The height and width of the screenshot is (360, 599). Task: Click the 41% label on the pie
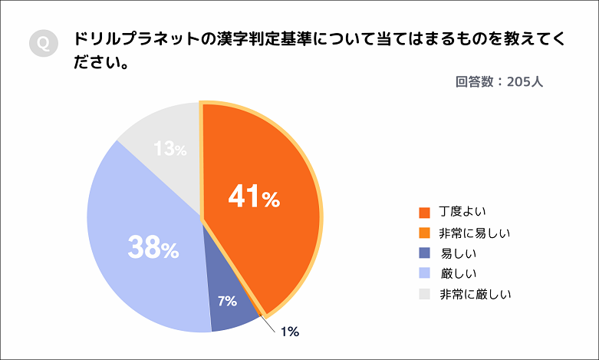pos(254,198)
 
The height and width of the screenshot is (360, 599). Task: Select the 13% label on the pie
pos(169,149)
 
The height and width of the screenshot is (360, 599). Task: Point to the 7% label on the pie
pos(227,301)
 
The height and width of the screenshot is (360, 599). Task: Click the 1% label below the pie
pos(289,332)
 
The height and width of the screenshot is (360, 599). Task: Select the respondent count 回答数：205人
pos(499,81)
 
